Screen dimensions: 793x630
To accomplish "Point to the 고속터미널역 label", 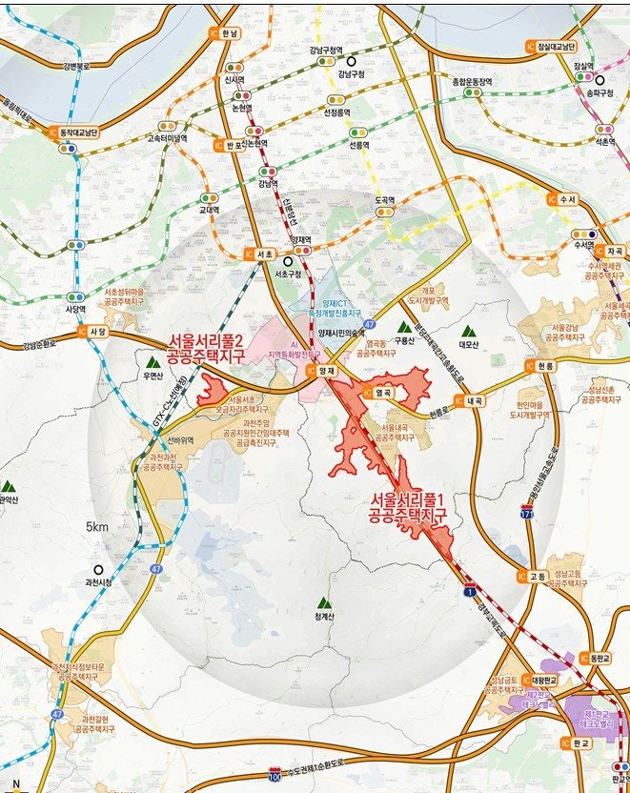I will (x=167, y=136).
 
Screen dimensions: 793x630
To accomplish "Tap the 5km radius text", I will (x=97, y=527).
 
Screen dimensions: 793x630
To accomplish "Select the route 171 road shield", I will (x=526, y=515).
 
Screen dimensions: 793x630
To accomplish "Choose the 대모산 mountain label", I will (x=467, y=345).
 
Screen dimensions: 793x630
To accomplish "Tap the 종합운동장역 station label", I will (x=472, y=82).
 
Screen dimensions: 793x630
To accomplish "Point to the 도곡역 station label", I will (x=384, y=200).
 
